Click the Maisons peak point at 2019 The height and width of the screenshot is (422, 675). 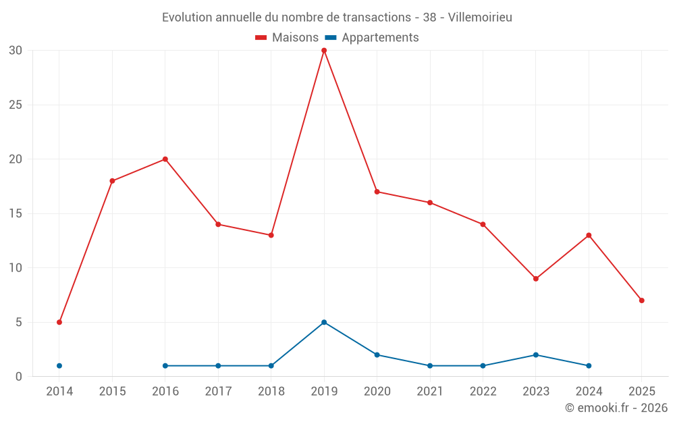pyautogui.click(x=324, y=51)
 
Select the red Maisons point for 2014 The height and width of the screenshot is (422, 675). pyautogui.click(x=59, y=322)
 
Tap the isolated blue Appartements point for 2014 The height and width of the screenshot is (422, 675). pyautogui.click(x=59, y=366)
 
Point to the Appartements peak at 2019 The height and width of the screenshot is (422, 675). pyautogui.click(x=324, y=322)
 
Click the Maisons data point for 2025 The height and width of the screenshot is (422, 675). pyautogui.click(x=641, y=300)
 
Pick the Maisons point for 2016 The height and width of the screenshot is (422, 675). pyautogui.click(x=165, y=159)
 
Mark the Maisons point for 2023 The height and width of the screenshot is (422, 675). pyautogui.click(x=536, y=279)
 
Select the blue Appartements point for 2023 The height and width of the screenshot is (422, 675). pyautogui.click(x=536, y=354)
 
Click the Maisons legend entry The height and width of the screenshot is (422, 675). pyautogui.click(x=287, y=38)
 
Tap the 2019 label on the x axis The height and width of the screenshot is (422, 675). pyautogui.click(x=324, y=391)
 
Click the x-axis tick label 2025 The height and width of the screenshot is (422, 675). pyautogui.click(x=641, y=391)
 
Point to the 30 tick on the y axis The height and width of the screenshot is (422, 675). pyautogui.click(x=16, y=51)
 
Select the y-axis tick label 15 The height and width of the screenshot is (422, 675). pyautogui.click(x=16, y=213)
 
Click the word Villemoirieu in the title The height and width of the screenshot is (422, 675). pyautogui.click(x=480, y=17)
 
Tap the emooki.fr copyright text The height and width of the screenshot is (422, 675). pyautogui.click(x=616, y=408)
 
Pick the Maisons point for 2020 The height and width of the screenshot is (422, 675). pyautogui.click(x=377, y=192)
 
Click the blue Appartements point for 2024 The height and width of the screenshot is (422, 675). pyautogui.click(x=589, y=366)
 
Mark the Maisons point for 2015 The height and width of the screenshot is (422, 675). pyautogui.click(x=112, y=181)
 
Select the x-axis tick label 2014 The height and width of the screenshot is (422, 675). pyautogui.click(x=59, y=391)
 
